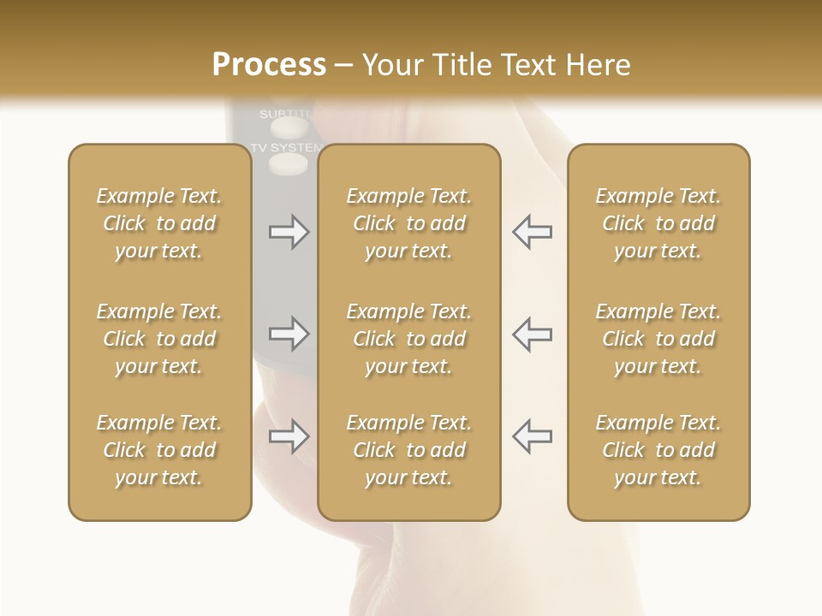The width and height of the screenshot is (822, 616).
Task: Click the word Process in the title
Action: click(268, 65)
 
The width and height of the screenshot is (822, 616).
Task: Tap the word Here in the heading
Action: click(597, 65)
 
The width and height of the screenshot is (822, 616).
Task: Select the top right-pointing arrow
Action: click(289, 232)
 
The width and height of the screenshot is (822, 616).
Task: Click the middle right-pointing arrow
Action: click(289, 334)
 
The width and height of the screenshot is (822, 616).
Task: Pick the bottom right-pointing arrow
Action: click(289, 436)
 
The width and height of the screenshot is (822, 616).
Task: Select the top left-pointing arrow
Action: click(532, 232)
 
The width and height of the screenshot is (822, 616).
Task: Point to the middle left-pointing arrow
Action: click(532, 334)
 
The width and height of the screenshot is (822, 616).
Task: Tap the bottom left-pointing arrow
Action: click(532, 436)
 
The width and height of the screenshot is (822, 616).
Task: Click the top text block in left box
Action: click(159, 223)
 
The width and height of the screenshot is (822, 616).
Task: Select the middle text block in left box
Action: click(159, 339)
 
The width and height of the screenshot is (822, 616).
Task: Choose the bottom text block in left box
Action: click(159, 450)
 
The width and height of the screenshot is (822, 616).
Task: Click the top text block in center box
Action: click(408, 223)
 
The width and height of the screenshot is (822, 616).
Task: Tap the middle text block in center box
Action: click(408, 339)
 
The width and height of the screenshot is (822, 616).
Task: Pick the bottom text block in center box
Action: click(408, 450)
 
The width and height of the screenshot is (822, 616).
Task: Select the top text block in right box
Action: click(658, 223)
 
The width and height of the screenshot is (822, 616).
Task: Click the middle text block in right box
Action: click(658, 339)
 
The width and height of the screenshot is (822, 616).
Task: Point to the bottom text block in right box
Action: click(658, 450)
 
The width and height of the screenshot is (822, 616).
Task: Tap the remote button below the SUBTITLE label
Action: click(289, 128)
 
